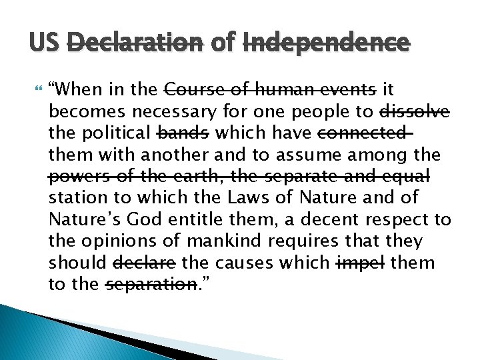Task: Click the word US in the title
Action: point(45,43)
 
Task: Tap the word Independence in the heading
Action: point(326,43)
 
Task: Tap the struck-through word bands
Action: point(182,133)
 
